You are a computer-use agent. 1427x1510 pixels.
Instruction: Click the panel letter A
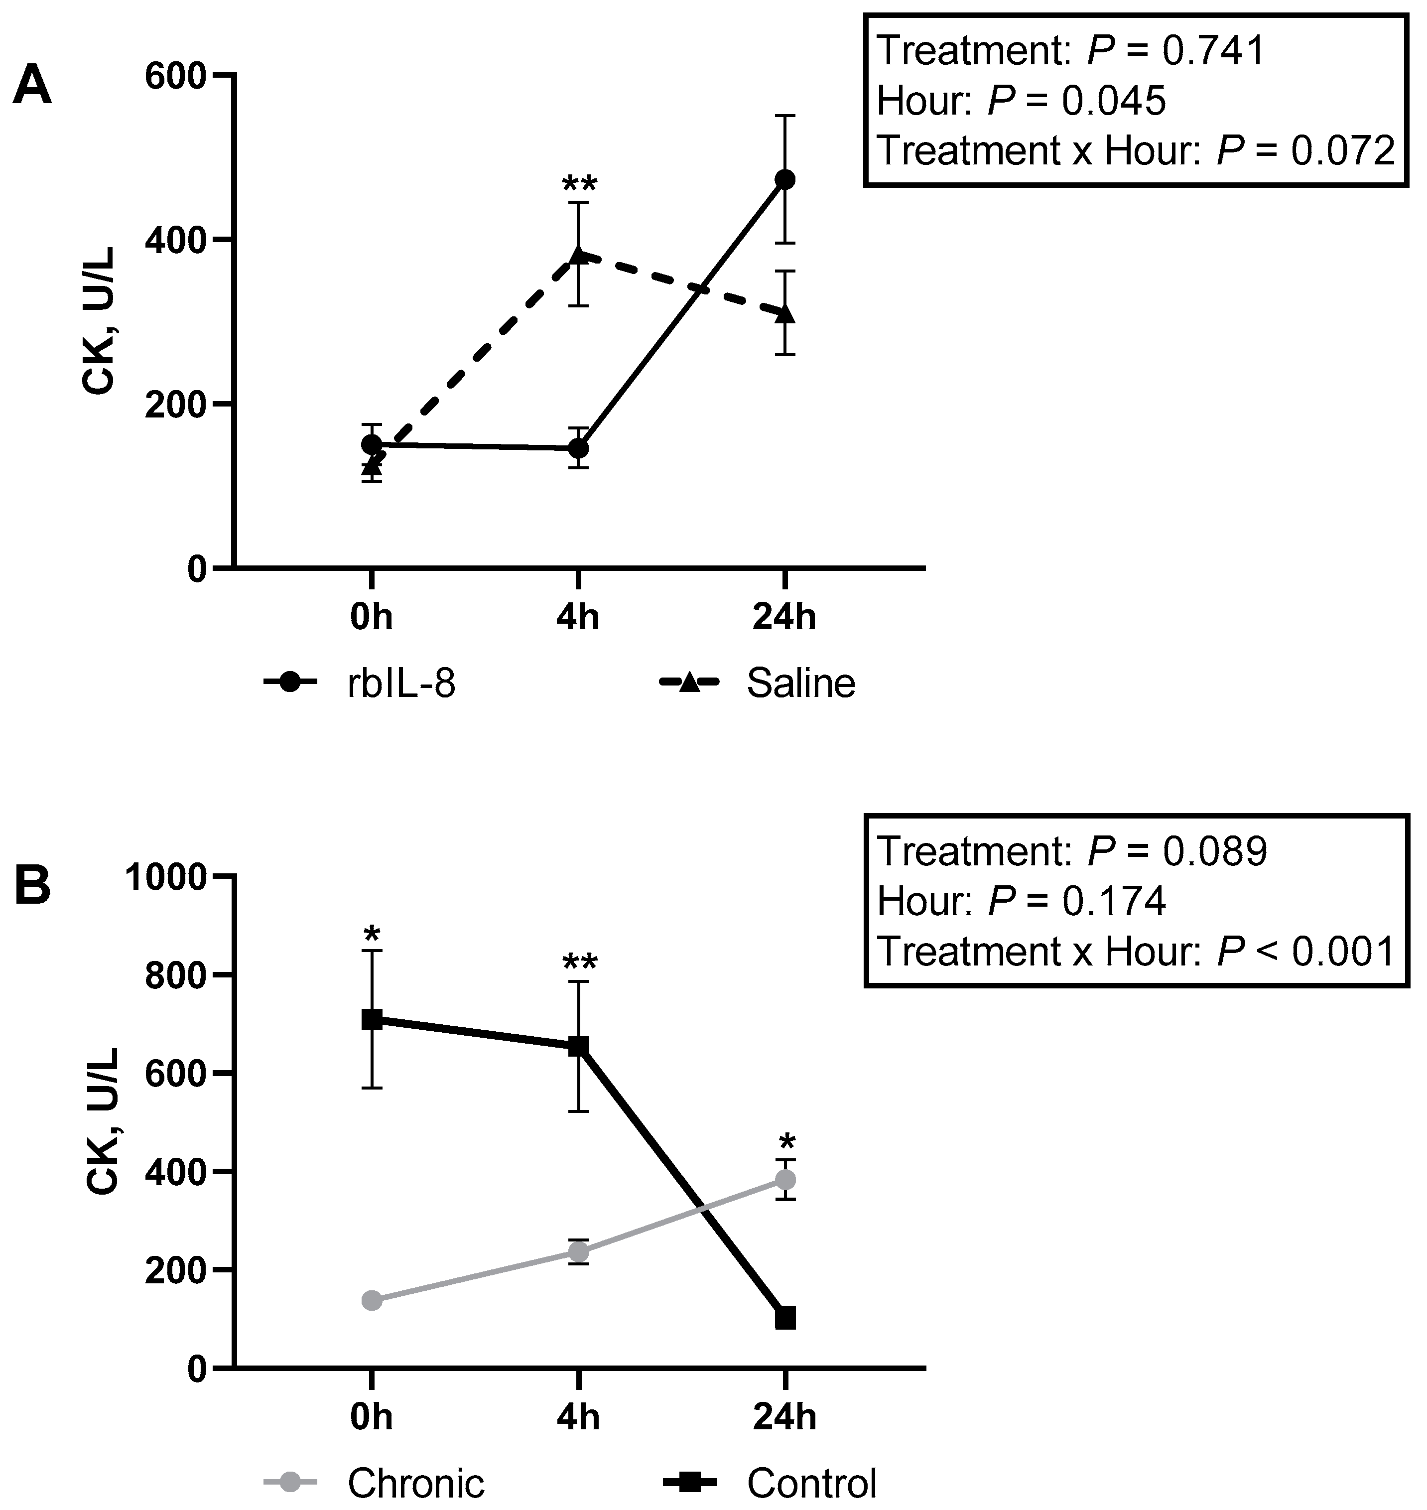click(x=32, y=86)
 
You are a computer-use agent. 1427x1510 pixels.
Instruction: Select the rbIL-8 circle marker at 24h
click(x=784, y=179)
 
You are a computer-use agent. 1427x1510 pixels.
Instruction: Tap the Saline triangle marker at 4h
click(x=578, y=255)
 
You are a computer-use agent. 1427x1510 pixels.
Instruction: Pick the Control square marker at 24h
click(x=785, y=1318)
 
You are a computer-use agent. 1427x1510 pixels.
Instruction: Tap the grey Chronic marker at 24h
click(x=785, y=1180)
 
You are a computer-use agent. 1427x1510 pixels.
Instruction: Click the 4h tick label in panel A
click(x=578, y=617)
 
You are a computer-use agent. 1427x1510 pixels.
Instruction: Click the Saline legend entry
click(x=800, y=683)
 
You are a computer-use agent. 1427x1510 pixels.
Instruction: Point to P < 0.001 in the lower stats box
click(x=1306, y=951)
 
